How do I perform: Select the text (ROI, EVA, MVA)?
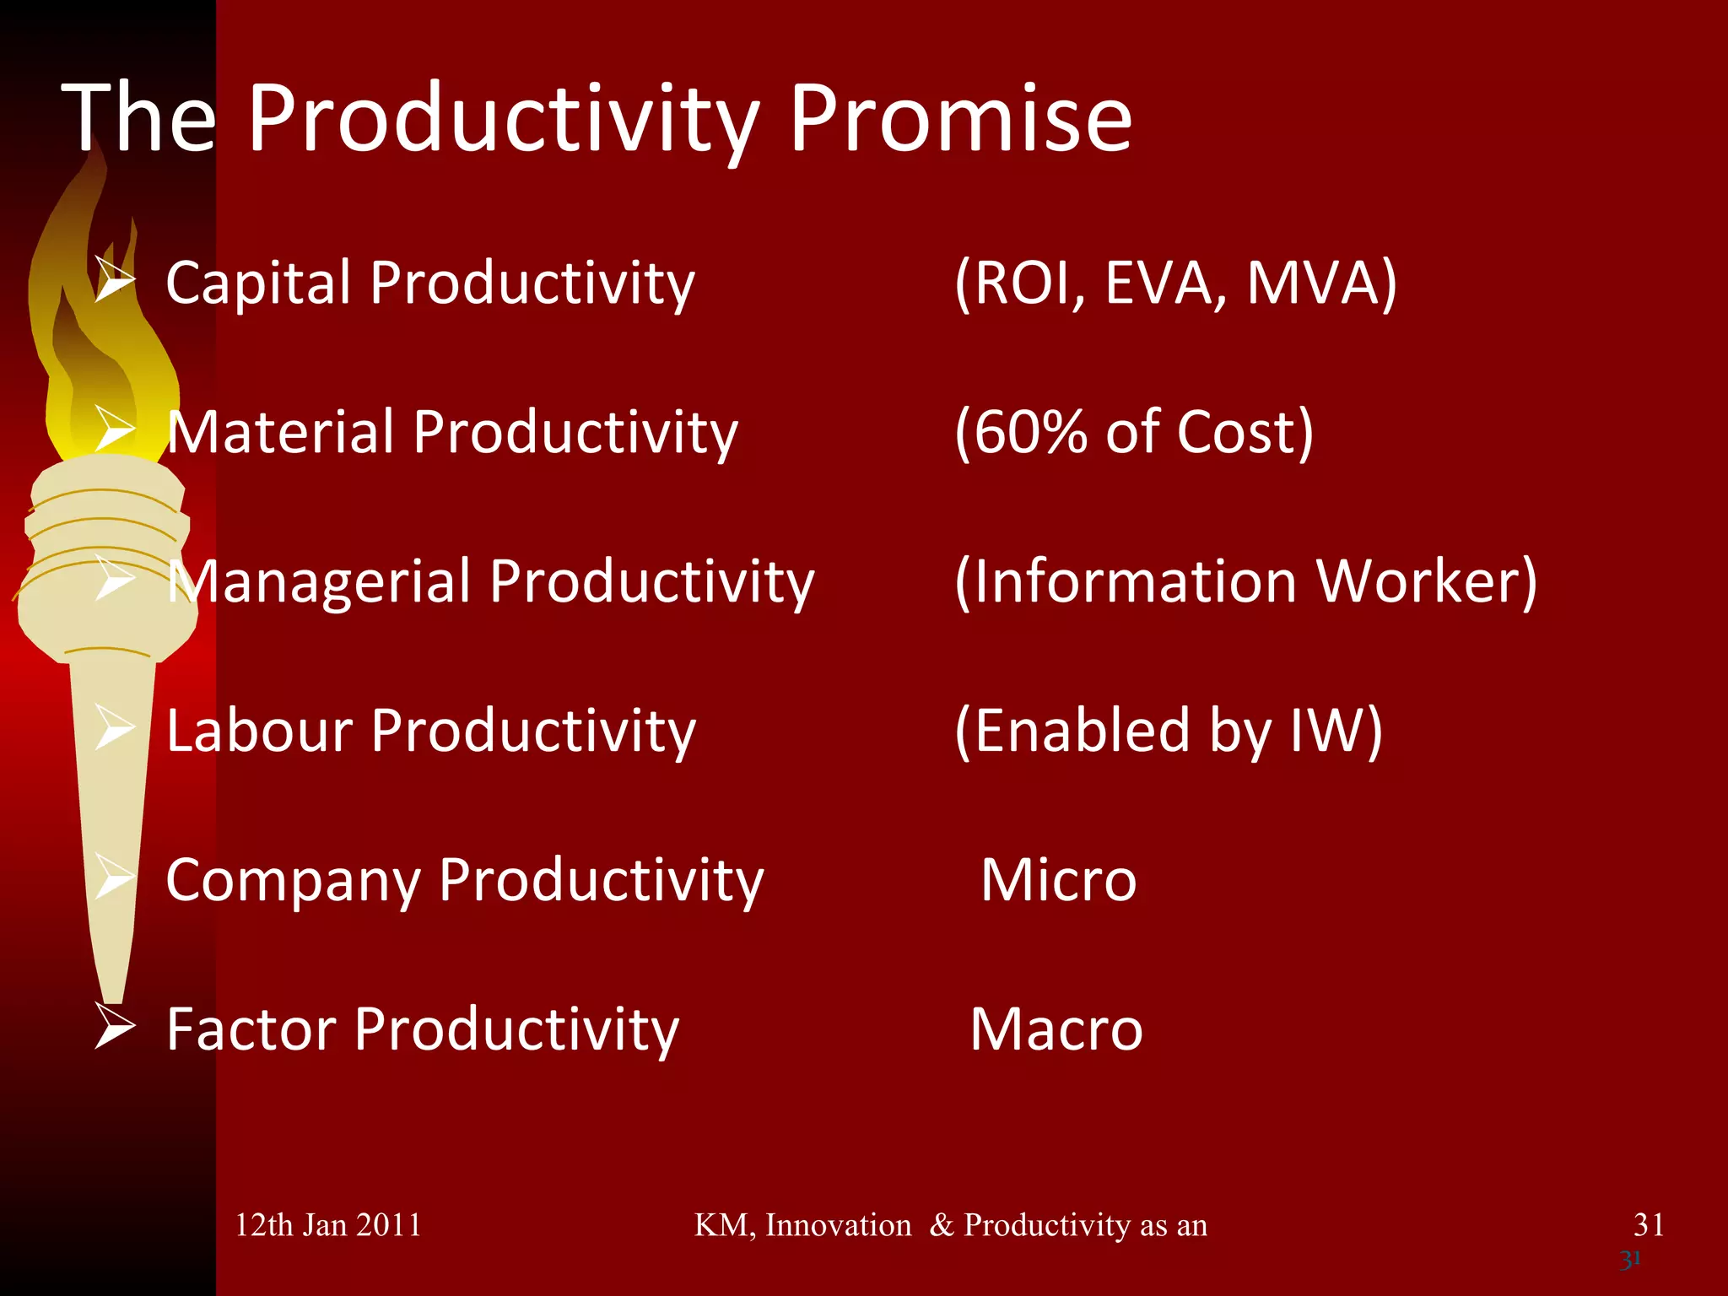coord(1175,283)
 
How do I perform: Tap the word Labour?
coord(258,730)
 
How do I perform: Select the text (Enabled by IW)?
coord(1169,730)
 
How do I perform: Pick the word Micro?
coord(1059,880)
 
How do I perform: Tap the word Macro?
coord(1056,1029)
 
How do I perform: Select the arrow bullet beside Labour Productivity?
coord(115,727)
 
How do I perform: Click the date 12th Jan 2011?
coord(327,1225)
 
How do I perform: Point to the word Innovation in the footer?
coord(838,1225)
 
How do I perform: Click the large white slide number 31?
coord(1649,1224)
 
